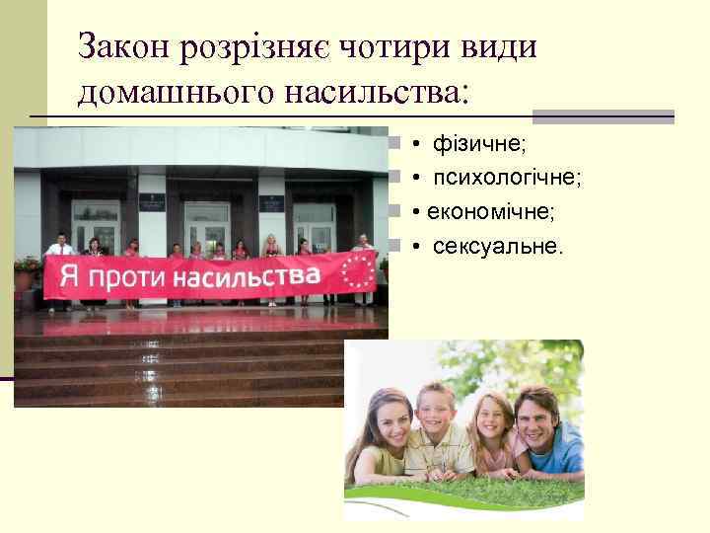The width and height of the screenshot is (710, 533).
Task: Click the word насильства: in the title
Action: click(373, 94)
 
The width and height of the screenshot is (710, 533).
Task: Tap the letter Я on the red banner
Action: click(68, 276)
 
